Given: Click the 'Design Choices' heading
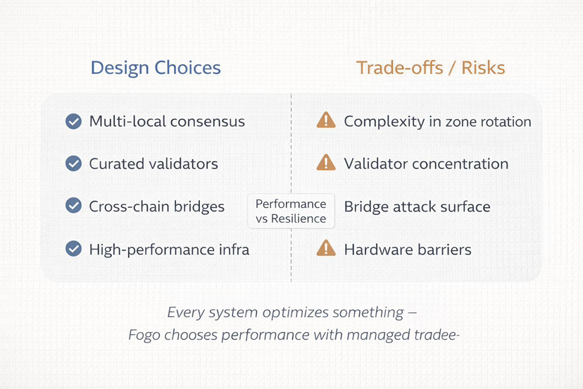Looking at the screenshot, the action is [156, 68].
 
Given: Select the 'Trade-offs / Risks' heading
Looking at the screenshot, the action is [430, 68].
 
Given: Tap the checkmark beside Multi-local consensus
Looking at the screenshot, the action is [74, 121].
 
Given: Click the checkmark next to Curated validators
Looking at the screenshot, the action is [74, 163].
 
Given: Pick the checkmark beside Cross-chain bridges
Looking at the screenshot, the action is [74, 206].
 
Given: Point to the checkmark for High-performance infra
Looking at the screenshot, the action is [74, 249].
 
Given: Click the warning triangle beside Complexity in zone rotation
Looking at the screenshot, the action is [326, 121].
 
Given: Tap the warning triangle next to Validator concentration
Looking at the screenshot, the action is [326, 163].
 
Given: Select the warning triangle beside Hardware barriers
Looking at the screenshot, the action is [326, 248].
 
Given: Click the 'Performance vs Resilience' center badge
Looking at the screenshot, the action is [291, 211].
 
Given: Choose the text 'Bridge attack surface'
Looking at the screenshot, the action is [417, 207].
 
